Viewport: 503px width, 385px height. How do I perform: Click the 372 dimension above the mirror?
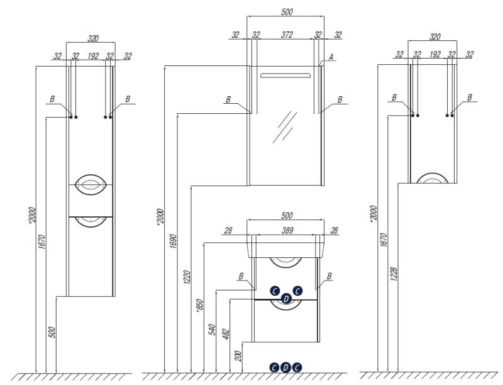tap(287, 35)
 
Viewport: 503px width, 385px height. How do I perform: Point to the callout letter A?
tap(330, 56)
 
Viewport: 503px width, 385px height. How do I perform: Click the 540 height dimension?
tap(213, 330)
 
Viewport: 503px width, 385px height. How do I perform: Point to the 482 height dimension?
tap(227, 335)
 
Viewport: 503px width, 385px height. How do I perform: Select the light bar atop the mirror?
tap(286, 75)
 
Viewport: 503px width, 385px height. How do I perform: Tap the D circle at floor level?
tap(285, 367)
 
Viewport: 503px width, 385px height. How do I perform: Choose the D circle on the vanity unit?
tap(286, 299)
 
